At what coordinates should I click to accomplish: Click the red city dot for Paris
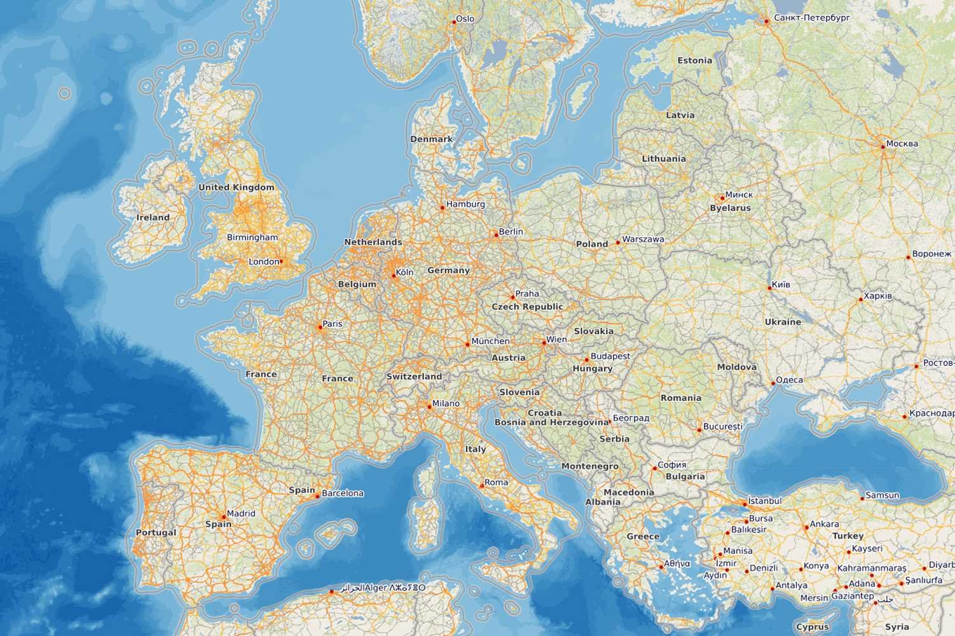click(x=319, y=328)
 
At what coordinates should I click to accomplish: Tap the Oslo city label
click(x=465, y=19)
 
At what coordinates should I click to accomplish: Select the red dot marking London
click(x=281, y=261)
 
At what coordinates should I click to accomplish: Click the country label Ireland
click(x=153, y=218)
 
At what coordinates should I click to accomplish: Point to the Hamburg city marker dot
click(x=443, y=207)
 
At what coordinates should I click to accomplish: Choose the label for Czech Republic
click(x=527, y=307)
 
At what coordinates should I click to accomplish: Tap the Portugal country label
click(x=156, y=532)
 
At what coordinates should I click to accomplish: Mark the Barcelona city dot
click(x=318, y=496)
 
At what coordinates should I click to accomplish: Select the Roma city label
click(x=496, y=482)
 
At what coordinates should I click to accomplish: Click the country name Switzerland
click(x=414, y=377)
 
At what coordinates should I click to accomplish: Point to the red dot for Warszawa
click(x=617, y=243)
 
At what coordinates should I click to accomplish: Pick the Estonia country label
click(x=694, y=60)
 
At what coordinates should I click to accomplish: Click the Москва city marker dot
click(x=883, y=146)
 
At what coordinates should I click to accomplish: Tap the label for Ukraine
click(x=783, y=322)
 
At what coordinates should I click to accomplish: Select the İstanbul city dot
click(x=745, y=504)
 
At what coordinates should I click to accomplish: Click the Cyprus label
click(x=813, y=627)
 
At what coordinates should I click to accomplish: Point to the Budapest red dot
click(x=587, y=359)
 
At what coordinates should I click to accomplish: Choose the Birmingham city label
click(x=252, y=237)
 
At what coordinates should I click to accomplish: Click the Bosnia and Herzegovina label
click(x=551, y=422)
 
